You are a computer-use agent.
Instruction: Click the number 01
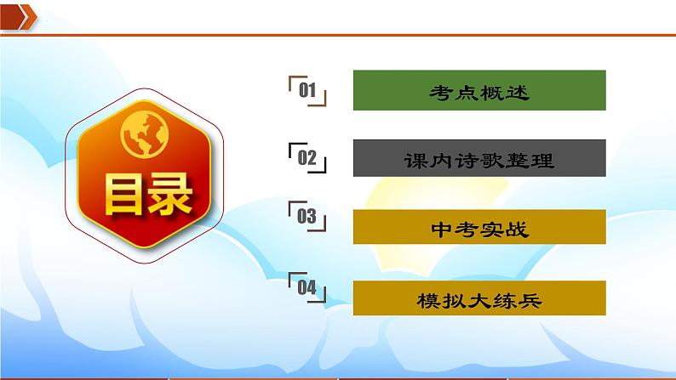pyautogui.click(x=307, y=90)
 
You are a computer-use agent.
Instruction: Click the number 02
pyautogui.click(x=307, y=157)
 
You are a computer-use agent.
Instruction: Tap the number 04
pyautogui.click(x=307, y=287)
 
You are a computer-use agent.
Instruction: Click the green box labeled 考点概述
pyautogui.click(x=478, y=91)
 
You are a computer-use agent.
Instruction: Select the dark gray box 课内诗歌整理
pyautogui.click(x=478, y=159)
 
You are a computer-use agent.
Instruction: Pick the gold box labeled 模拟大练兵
pyautogui.click(x=478, y=300)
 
